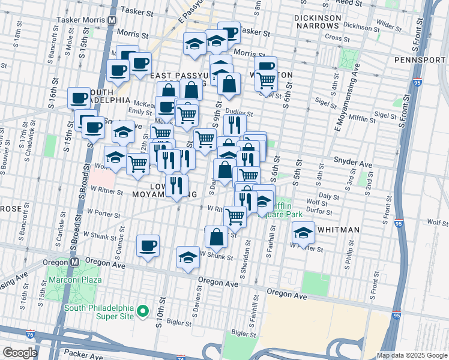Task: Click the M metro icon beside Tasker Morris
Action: (112, 20)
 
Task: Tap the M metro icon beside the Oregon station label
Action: (74, 262)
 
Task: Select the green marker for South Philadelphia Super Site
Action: (143, 311)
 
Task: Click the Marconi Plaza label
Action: (75, 280)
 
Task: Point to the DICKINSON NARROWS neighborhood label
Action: (318, 22)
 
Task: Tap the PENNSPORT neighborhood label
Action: (418, 60)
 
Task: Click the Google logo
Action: (20, 352)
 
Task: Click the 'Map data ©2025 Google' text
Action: (411, 355)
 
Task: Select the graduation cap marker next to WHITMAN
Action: (304, 232)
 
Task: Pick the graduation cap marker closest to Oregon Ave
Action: (188, 257)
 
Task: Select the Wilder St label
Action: (389, 28)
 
